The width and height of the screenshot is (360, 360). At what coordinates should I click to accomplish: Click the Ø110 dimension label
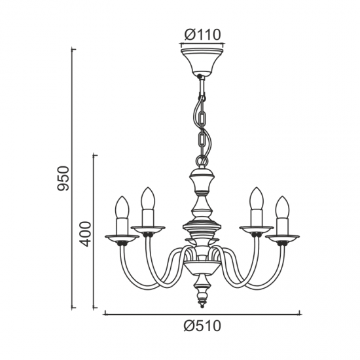pyautogui.click(x=202, y=35)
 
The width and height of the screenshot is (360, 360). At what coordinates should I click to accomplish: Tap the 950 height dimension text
pyautogui.click(x=63, y=179)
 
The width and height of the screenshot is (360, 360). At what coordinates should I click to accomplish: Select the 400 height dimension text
pyautogui.click(x=85, y=234)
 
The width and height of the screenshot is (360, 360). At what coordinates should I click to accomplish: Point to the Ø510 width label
pyautogui.click(x=202, y=326)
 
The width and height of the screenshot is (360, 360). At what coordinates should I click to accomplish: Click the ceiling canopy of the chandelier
pyautogui.click(x=202, y=62)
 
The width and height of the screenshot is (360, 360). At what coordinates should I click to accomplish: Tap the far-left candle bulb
pyautogui.click(x=122, y=207)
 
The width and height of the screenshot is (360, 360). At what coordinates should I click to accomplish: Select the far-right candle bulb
pyautogui.click(x=283, y=207)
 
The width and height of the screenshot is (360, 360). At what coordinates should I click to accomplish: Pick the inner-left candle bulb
pyautogui.click(x=148, y=198)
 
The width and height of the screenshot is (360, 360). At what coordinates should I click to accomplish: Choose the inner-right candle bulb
pyautogui.click(x=257, y=198)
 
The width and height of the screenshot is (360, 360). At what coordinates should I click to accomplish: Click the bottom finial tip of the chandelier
pyautogui.click(x=202, y=306)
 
